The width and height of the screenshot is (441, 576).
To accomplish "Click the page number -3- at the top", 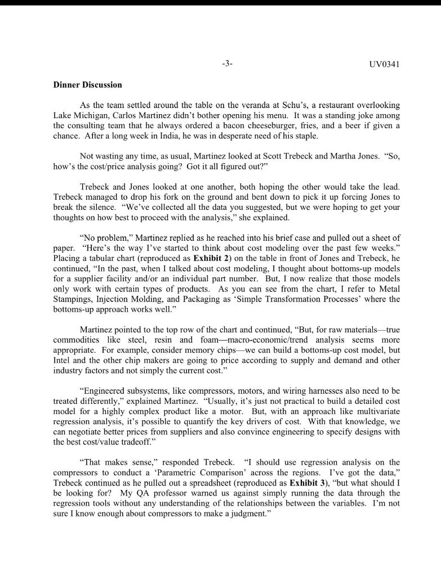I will pyautogui.click(x=227, y=64).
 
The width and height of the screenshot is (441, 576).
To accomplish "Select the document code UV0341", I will pyautogui.click(x=384, y=64).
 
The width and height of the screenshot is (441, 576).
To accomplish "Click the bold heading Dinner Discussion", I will pyautogui.click(x=87, y=85).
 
